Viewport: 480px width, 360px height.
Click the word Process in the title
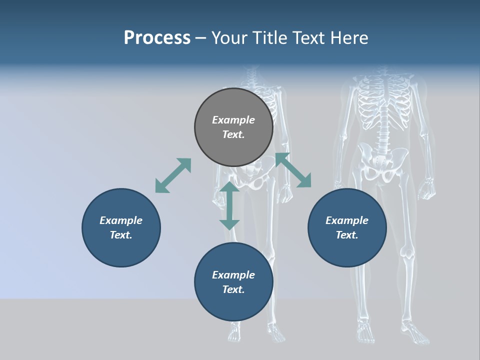click(157, 38)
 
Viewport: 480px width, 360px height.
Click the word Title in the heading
click(269, 38)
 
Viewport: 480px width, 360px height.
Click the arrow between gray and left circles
click(173, 175)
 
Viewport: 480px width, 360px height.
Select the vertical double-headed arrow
click(229, 205)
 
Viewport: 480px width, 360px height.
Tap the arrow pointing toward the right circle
click(293, 170)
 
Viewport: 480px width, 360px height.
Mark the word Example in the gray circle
click(233, 120)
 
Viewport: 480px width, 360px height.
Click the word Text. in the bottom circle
click(233, 289)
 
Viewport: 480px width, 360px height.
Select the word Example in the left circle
click(121, 220)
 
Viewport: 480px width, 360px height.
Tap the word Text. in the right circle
click(347, 235)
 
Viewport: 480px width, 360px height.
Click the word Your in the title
click(230, 38)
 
